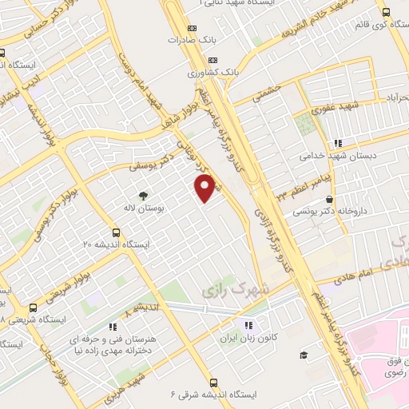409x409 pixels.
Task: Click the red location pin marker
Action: point(206,187)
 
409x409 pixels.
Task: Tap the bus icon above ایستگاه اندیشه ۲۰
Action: point(117,232)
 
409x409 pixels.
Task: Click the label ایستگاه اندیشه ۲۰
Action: point(116,244)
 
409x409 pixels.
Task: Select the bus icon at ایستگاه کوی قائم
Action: point(387,12)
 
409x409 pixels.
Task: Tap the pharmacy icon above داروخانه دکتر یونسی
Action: point(330,199)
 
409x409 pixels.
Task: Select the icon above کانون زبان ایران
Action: point(248,325)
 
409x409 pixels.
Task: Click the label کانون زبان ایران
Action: point(248,339)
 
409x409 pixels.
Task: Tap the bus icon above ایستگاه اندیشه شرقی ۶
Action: point(213,383)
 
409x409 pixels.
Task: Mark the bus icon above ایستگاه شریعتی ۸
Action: point(33,308)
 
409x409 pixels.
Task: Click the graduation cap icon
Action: point(304,355)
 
